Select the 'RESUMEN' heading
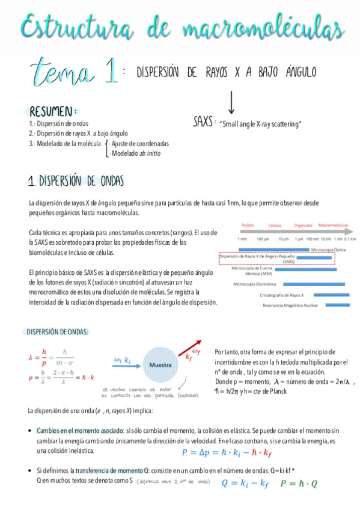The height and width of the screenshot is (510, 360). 52,112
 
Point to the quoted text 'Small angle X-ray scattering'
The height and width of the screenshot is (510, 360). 260,124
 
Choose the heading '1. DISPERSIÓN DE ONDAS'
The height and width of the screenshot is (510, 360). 76,181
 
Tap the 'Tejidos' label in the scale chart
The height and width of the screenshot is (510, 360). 248,226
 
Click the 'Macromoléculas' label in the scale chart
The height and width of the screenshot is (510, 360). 333,226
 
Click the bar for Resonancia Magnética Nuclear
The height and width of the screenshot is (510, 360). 338,306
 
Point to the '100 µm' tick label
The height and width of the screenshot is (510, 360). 263,239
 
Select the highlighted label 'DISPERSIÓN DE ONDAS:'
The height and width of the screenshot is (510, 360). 58,331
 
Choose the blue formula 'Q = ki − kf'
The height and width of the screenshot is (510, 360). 245,483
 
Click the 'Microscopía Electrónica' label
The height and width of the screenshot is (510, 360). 255,283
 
